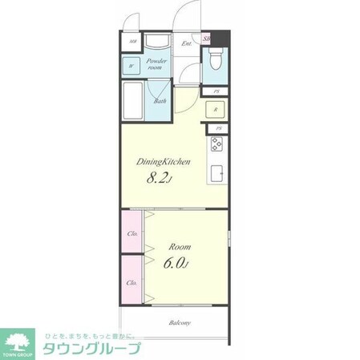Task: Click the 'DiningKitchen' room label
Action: pos(168,161)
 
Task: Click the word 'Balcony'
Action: pos(180,323)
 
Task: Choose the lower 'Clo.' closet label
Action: pos(131,282)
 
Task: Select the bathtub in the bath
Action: pos(135,101)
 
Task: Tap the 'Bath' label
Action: pos(160,101)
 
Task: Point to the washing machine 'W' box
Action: pos(131,67)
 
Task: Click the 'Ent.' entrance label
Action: pos(186,43)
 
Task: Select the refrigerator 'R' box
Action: pos(214,109)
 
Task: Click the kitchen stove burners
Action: pos(216,144)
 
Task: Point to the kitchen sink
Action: pos(216,172)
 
